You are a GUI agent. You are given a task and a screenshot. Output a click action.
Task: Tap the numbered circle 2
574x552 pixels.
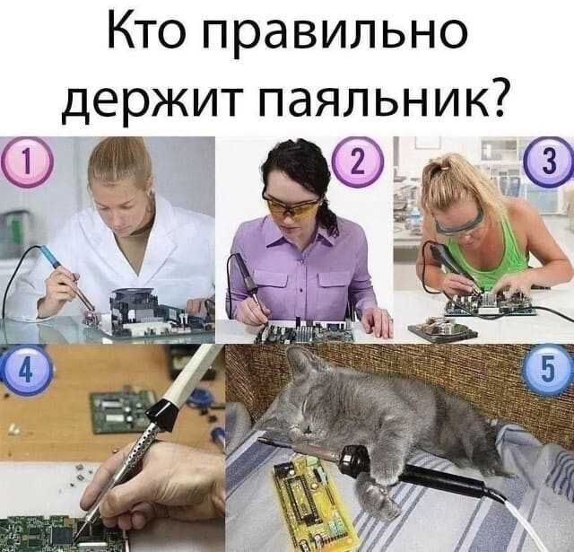[x=357, y=162]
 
